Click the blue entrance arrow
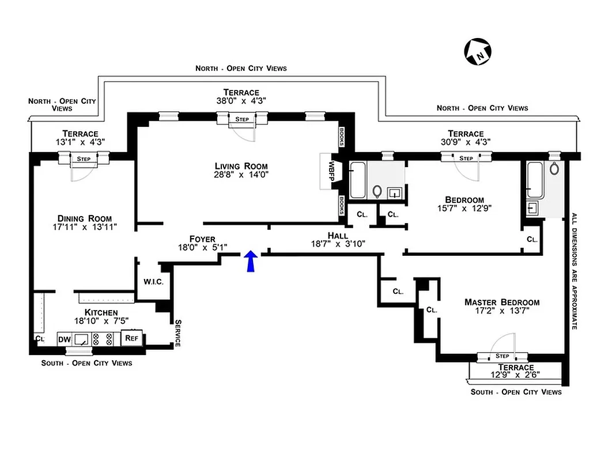point(250,261)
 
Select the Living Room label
point(241,166)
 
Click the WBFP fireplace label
point(331,171)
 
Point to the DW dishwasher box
point(64,339)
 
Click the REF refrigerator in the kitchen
point(131,338)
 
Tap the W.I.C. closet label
point(153,282)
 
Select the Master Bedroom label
point(502,302)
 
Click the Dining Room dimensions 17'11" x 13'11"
point(84,227)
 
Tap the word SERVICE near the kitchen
point(177,333)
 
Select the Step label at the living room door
point(241,119)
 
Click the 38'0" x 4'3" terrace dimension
point(241,100)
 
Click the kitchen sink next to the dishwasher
point(81,339)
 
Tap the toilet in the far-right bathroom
point(554,169)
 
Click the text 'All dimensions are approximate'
point(574,271)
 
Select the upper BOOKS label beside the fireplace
point(342,137)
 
